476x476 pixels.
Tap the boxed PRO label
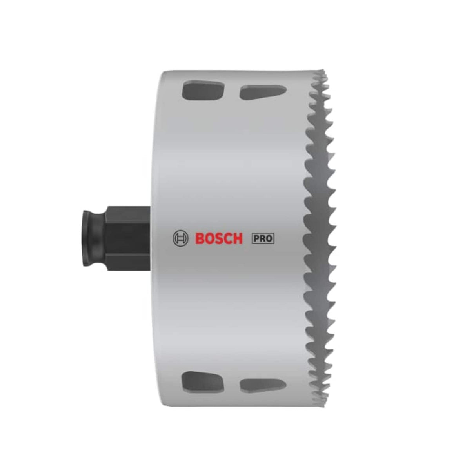(x=263, y=238)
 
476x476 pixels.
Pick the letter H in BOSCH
(x=238, y=238)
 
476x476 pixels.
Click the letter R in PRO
(x=263, y=238)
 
